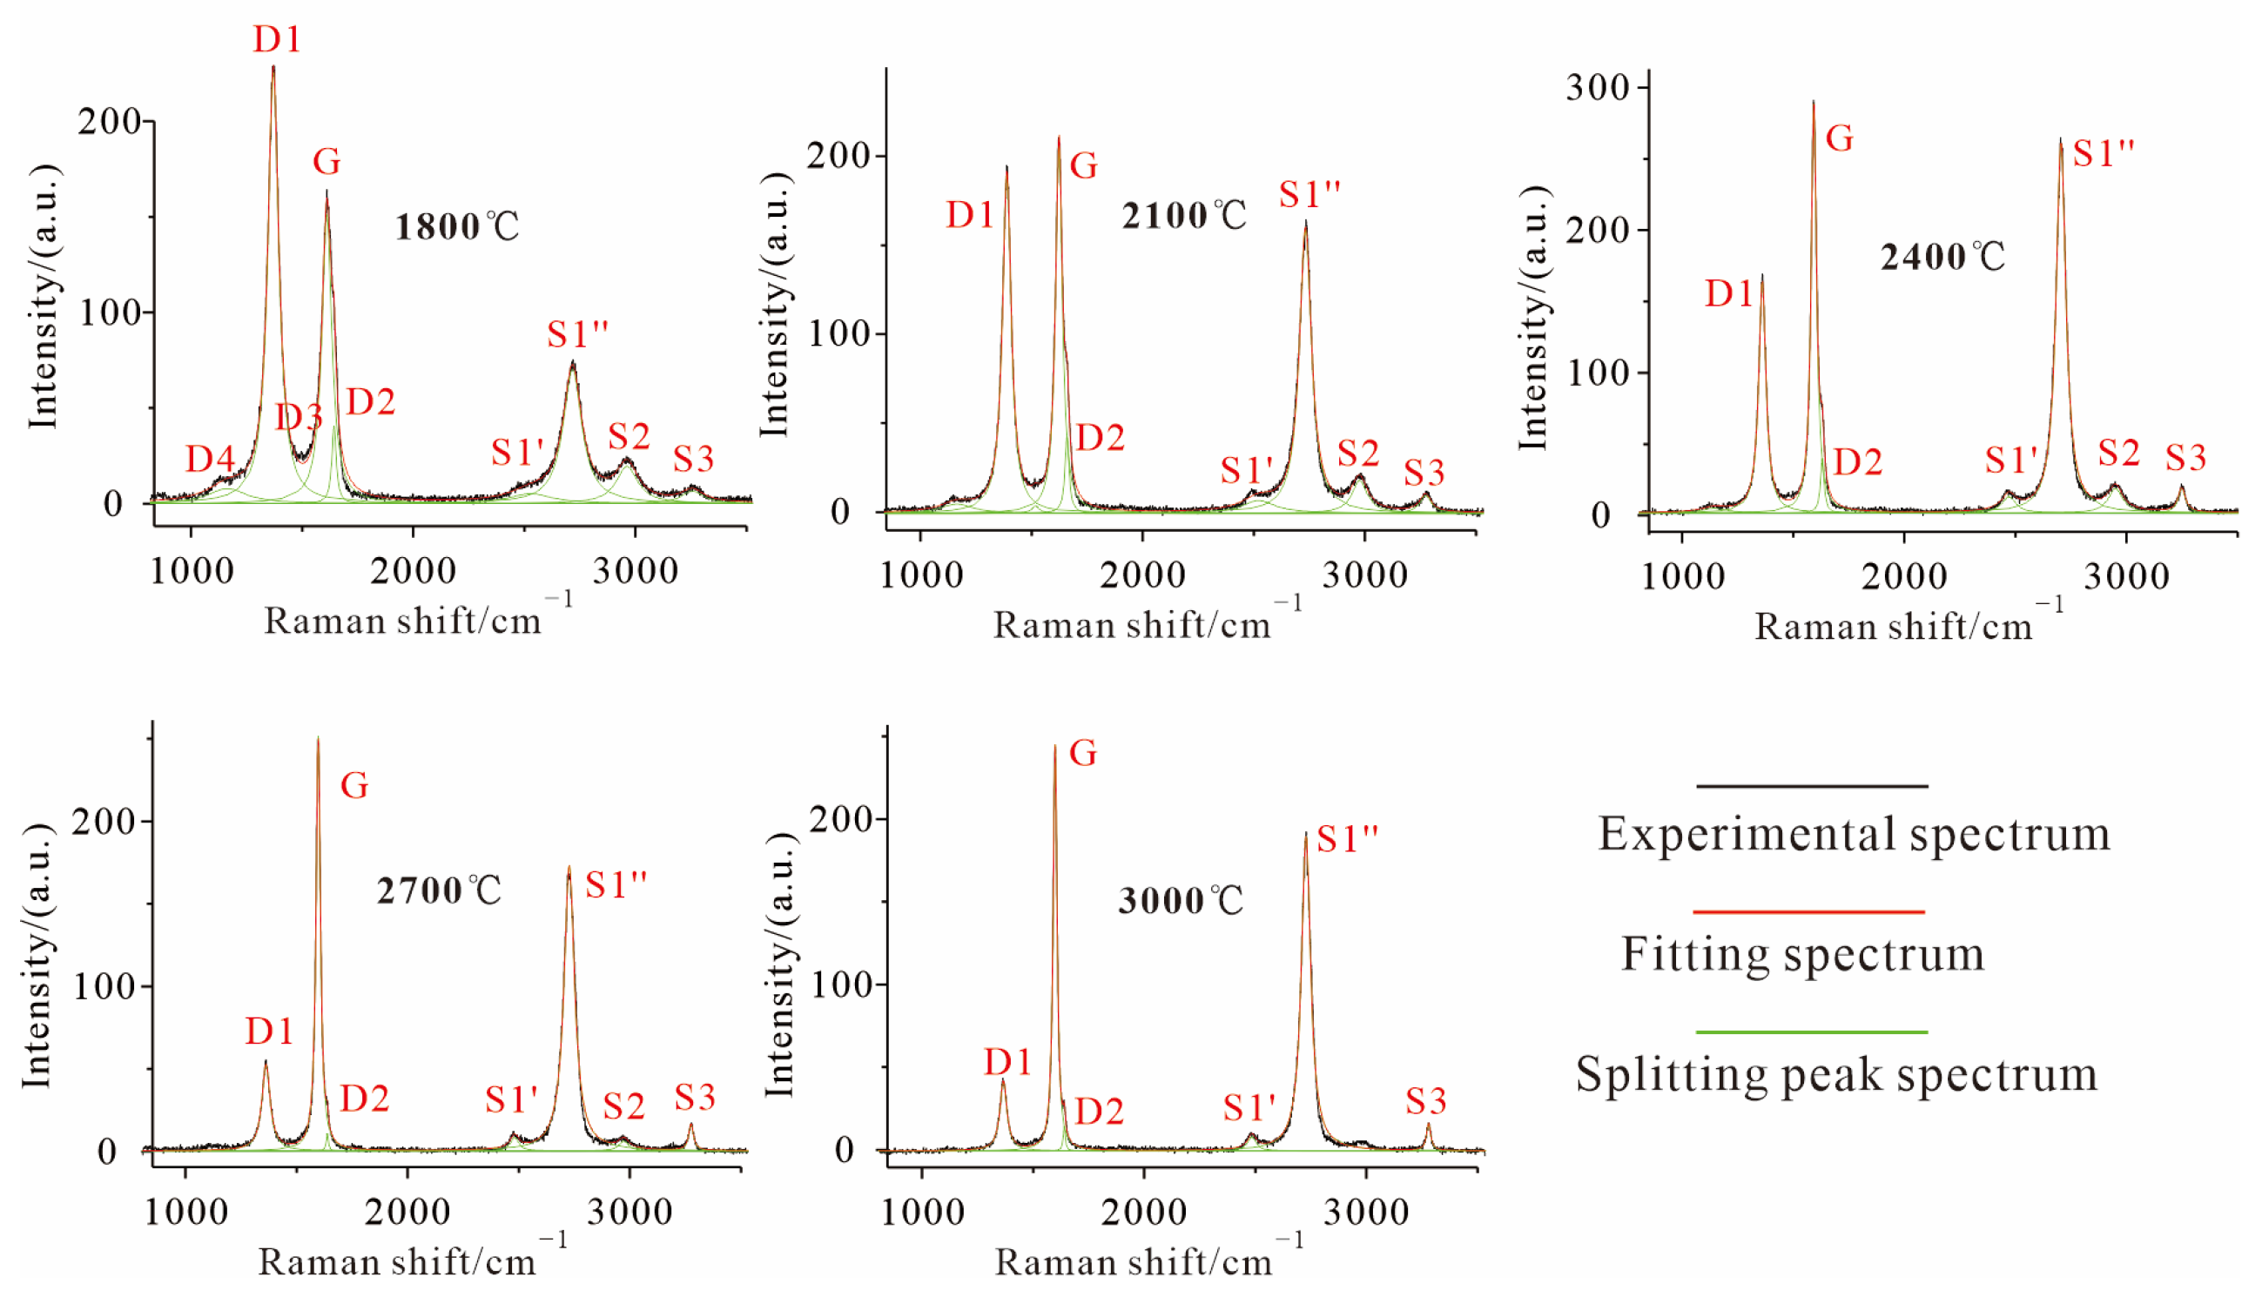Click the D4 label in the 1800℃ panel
(x=209, y=460)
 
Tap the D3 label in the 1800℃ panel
(x=299, y=417)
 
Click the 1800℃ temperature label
(x=456, y=226)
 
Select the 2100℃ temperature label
(x=1184, y=216)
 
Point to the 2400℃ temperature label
(x=1942, y=258)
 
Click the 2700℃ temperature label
(x=438, y=890)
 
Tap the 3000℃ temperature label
(x=1181, y=901)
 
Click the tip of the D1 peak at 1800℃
(x=273, y=68)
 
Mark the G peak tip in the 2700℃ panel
(x=318, y=739)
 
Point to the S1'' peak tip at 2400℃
(x=2060, y=141)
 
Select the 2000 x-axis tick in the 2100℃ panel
(x=1142, y=575)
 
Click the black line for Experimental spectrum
(x=1812, y=787)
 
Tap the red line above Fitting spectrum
(x=1808, y=912)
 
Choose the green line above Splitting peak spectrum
(x=1812, y=1032)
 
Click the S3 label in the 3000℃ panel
(x=1425, y=1103)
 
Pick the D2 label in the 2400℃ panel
(x=1857, y=462)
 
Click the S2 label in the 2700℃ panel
(x=623, y=1107)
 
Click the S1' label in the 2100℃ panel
(x=1247, y=470)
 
